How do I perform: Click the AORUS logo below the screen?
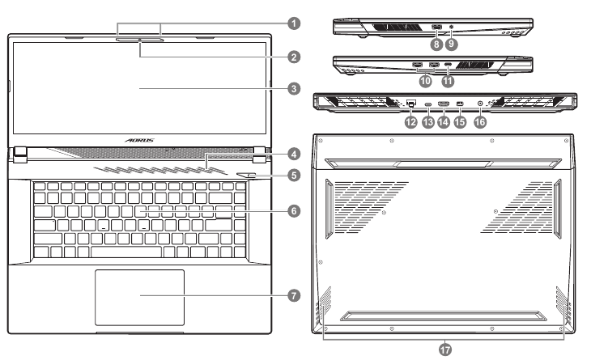(139, 139)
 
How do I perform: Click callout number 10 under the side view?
(425, 81)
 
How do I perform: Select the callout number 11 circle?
(448, 81)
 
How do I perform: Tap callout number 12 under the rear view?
(412, 121)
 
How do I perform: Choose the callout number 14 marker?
(444, 121)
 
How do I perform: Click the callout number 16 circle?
(481, 121)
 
